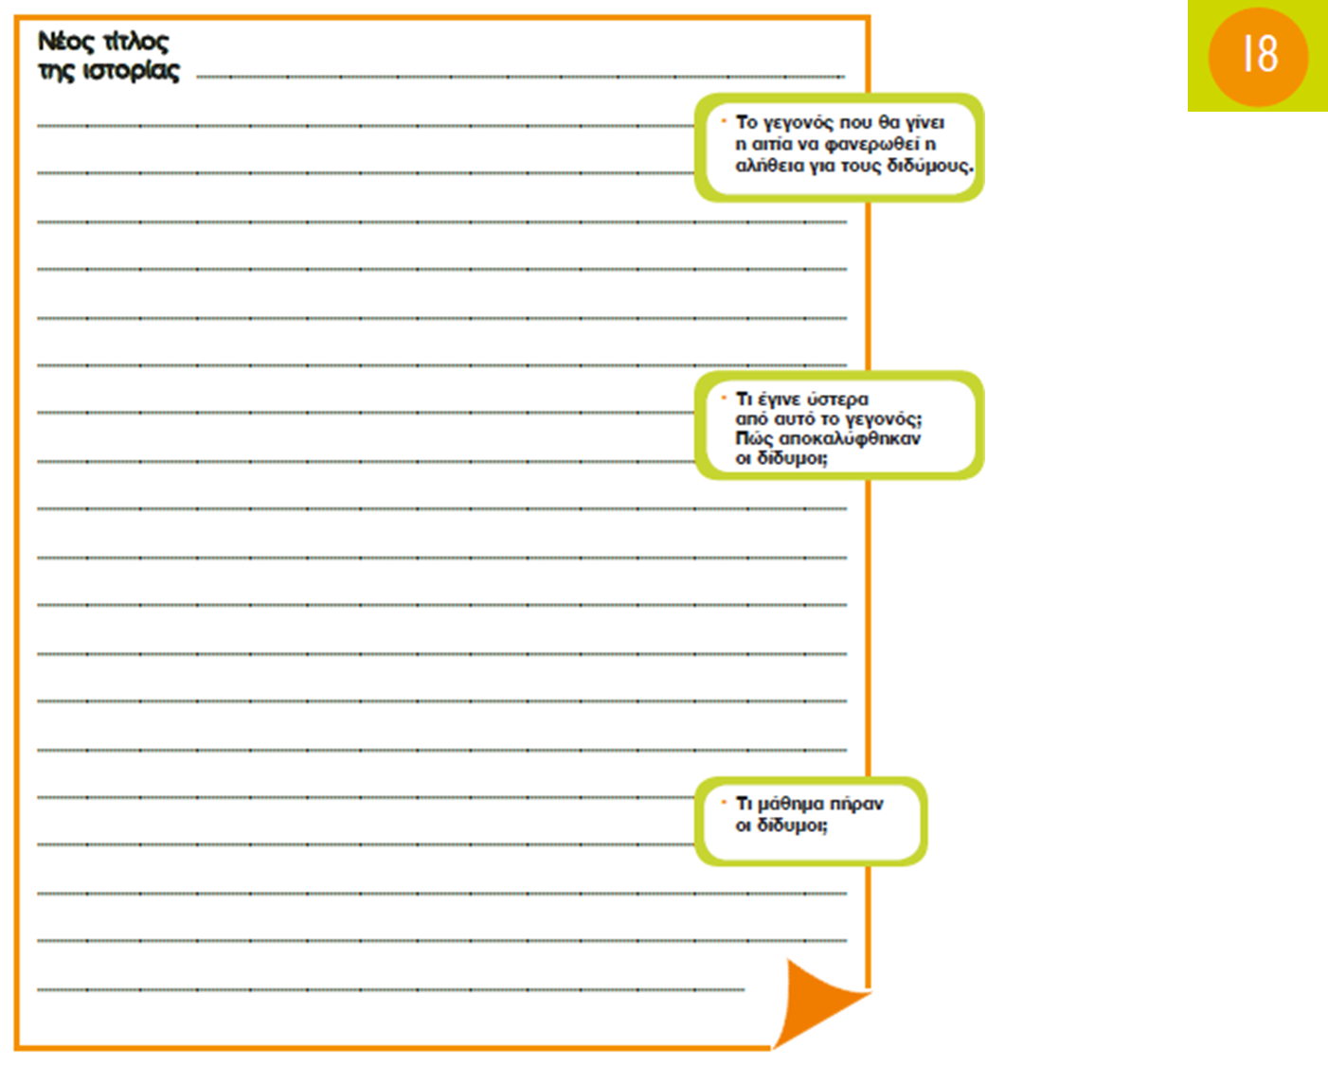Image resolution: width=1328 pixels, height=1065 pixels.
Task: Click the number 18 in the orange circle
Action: point(1259,54)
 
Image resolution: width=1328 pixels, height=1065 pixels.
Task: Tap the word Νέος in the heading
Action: point(66,42)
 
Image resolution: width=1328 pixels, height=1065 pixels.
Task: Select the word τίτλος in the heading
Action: point(135,42)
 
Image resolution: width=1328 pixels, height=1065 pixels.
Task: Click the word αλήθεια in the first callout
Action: point(770,166)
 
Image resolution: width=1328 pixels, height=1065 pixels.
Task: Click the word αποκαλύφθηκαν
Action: point(850,438)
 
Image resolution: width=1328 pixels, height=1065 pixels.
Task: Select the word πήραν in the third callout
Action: point(856,804)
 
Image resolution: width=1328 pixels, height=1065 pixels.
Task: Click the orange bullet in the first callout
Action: point(724,121)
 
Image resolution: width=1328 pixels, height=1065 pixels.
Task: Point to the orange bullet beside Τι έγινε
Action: point(724,398)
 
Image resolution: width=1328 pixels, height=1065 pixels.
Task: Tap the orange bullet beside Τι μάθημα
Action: point(724,803)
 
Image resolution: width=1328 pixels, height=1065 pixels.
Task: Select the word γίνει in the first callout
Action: point(924,123)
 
